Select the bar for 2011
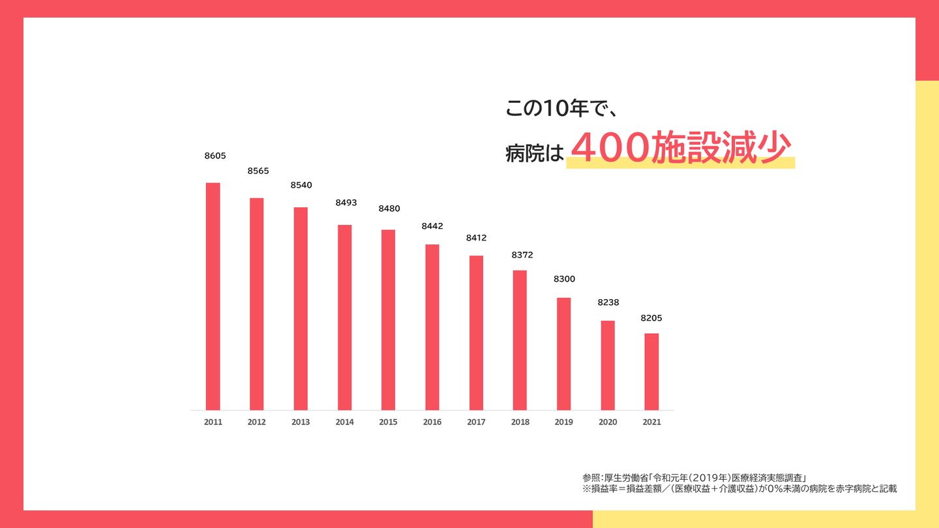tap(213, 297)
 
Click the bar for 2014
tap(344, 317)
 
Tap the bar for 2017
tap(476, 332)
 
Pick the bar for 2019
tap(563, 354)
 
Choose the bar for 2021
tap(651, 372)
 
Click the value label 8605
tap(215, 156)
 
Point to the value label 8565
tap(258, 171)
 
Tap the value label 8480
tap(389, 209)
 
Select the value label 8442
tap(432, 226)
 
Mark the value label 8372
tap(522, 255)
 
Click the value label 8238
tap(608, 302)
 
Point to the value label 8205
tap(651, 318)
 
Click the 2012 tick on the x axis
tap(256, 422)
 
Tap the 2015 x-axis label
tap(388, 422)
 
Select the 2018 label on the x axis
tap(520, 422)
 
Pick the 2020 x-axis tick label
tap(608, 422)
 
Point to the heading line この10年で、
tap(561, 109)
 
